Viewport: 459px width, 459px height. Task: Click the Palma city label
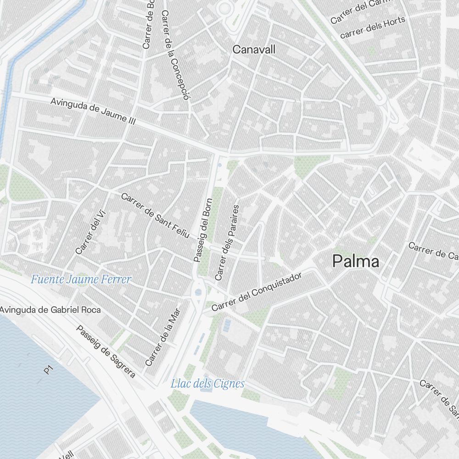click(x=356, y=262)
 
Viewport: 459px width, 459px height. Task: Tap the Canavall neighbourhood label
click(x=254, y=50)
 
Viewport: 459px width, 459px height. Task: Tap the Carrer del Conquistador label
click(x=257, y=292)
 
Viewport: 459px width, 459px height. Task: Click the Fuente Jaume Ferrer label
click(x=81, y=279)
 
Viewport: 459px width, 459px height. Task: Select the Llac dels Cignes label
click(x=207, y=384)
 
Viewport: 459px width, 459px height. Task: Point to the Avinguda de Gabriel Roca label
click(x=50, y=310)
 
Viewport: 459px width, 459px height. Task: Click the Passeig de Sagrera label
click(x=106, y=352)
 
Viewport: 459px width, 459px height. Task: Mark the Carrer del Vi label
click(x=90, y=233)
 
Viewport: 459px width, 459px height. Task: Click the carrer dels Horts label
click(x=373, y=28)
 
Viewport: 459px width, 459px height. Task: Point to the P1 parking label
click(x=48, y=369)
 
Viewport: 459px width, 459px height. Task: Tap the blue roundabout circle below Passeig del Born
click(x=199, y=292)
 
